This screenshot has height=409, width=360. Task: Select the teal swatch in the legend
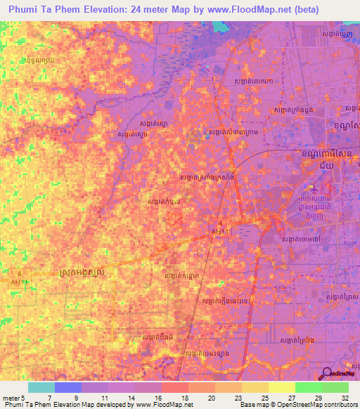click(x=41, y=387)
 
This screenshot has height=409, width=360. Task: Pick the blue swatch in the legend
click(x=68, y=387)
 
